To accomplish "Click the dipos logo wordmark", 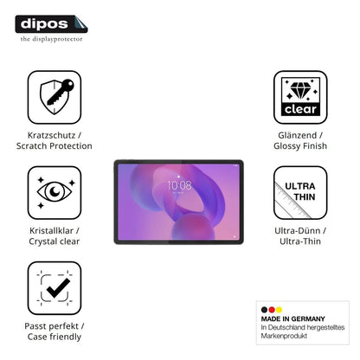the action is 44,23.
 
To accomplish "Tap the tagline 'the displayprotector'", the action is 51,39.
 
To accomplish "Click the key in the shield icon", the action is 60,92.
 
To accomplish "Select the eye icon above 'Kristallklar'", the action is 55,191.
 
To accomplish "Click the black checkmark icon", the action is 58,287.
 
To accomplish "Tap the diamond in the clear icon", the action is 300,90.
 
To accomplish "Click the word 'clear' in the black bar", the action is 300,109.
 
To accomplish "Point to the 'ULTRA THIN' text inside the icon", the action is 300,191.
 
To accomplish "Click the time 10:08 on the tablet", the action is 179,185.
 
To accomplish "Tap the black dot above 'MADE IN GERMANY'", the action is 264,310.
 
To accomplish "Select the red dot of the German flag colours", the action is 272,310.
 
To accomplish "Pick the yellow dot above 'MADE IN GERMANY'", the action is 279,310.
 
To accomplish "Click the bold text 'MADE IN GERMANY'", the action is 292,318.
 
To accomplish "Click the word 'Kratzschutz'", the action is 51,135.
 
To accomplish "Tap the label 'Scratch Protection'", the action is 55,146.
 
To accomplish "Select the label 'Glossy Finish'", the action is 300,146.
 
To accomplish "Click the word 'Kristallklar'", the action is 51,231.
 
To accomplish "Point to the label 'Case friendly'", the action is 55,337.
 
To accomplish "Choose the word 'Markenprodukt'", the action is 284,336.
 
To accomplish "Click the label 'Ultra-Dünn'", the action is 298,231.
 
